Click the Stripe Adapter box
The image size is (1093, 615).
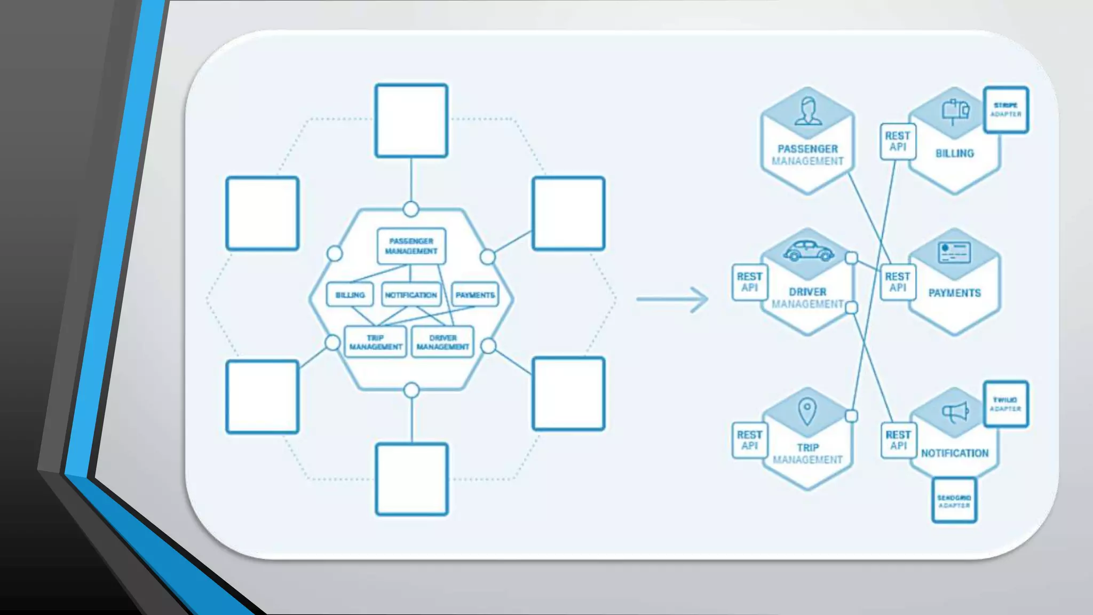pyautogui.click(x=1005, y=109)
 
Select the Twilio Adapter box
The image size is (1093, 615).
pyautogui.click(x=1005, y=404)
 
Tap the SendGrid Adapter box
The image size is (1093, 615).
pyautogui.click(x=954, y=501)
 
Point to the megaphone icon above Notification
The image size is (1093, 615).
pyautogui.click(x=955, y=412)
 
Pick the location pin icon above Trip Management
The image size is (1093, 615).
pyautogui.click(x=807, y=412)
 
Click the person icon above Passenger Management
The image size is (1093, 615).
pyautogui.click(x=808, y=111)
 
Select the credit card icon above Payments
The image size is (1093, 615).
pyautogui.click(x=954, y=252)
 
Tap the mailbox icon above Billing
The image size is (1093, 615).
pyautogui.click(x=955, y=111)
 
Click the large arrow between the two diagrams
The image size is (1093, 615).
pyautogui.click(x=673, y=299)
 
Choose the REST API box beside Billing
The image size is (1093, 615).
pyautogui.click(x=898, y=141)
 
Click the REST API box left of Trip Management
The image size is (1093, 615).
pyautogui.click(x=749, y=440)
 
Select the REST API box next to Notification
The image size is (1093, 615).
pyautogui.click(x=898, y=440)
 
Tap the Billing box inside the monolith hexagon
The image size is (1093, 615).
pyautogui.click(x=350, y=295)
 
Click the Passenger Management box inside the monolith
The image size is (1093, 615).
pyautogui.click(x=411, y=246)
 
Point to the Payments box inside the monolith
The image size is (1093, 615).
pyautogui.click(x=475, y=295)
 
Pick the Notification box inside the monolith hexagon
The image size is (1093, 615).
pyautogui.click(x=411, y=295)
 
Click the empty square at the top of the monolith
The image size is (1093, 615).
pyautogui.click(x=411, y=121)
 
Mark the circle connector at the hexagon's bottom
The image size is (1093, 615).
pyautogui.click(x=411, y=390)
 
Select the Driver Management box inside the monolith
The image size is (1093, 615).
pyautogui.click(x=442, y=342)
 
